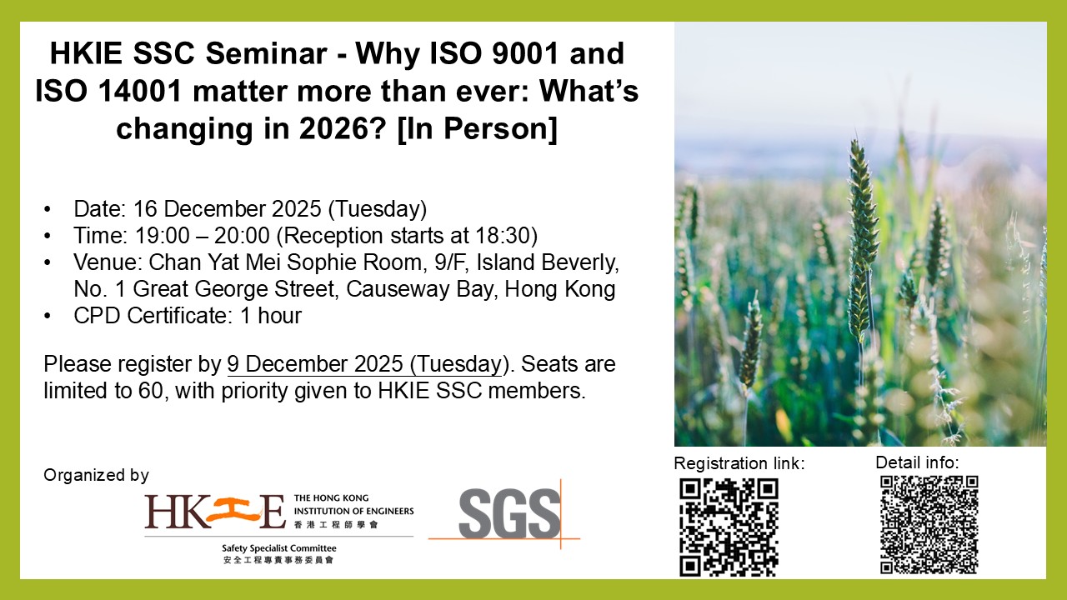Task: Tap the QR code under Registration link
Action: click(x=729, y=527)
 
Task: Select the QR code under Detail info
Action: click(x=929, y=524)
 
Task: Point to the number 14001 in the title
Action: click(x=141, y=91)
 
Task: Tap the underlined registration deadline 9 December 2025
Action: click(x=315, y=364)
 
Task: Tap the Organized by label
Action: click(x=96, y=475)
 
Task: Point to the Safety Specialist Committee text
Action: click(x=279, y=548)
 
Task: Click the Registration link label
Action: click(x=739, y=463)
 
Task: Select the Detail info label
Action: click(x=918, y=462)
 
